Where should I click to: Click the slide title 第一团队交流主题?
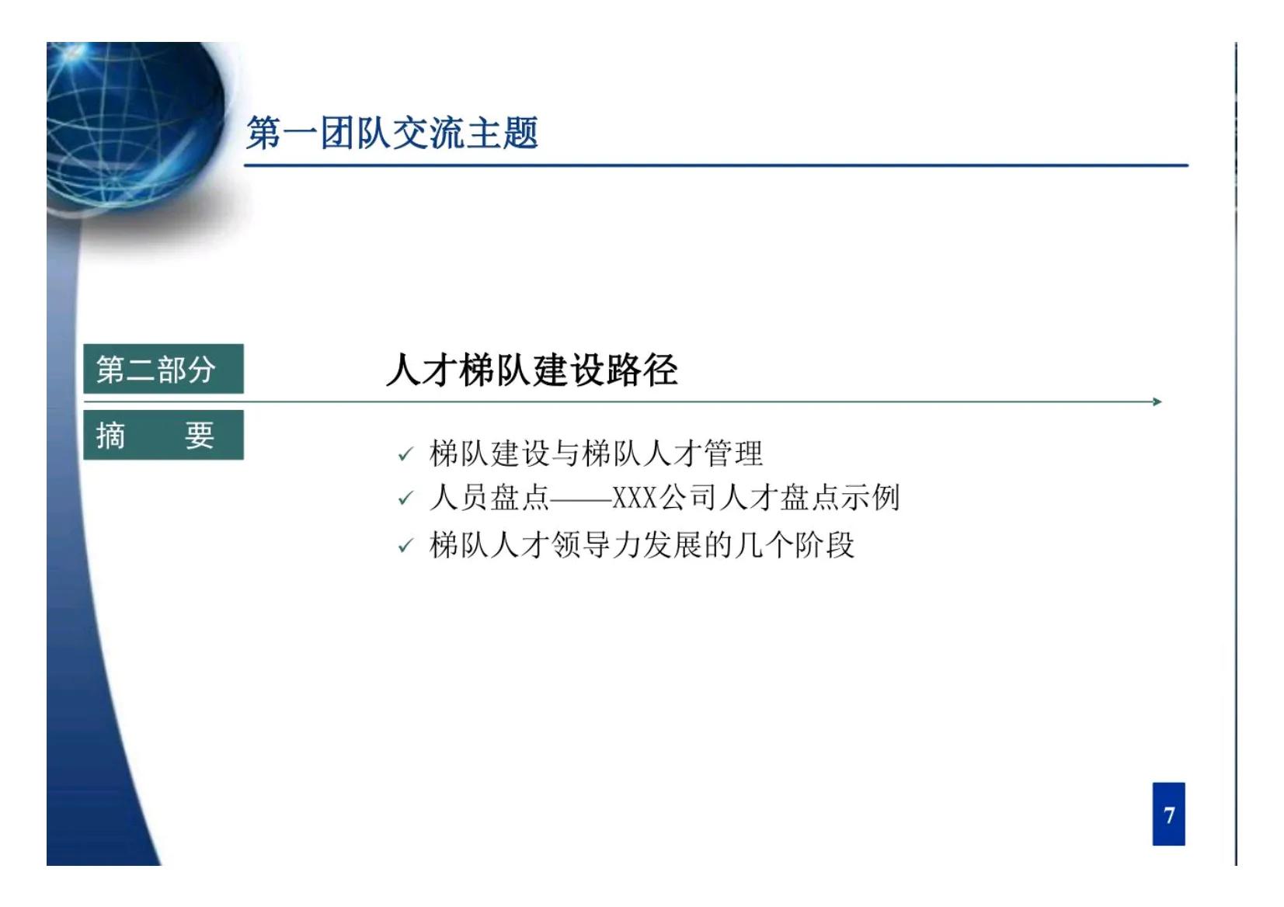click(x=391, y=133)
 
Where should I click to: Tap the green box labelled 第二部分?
click(x=163, y=369)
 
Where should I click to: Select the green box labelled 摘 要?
click(x=163, y=435)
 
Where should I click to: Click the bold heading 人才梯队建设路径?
click(x=531, y=370)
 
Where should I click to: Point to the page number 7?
click(x=1168, y=814)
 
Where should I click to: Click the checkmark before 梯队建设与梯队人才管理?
click(x=405, y=454)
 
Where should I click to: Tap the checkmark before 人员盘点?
click(x=405, y=499)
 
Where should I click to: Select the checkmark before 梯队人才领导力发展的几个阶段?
click(x=405, y=546)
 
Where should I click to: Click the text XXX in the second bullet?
click(x=635, y=498)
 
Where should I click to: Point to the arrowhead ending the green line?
click(x=1157, y=401)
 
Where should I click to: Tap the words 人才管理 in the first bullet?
click(x=703, y=453)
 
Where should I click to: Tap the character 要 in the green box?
click(x=199, y=435)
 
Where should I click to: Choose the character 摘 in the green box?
click(x=110, y=435)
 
